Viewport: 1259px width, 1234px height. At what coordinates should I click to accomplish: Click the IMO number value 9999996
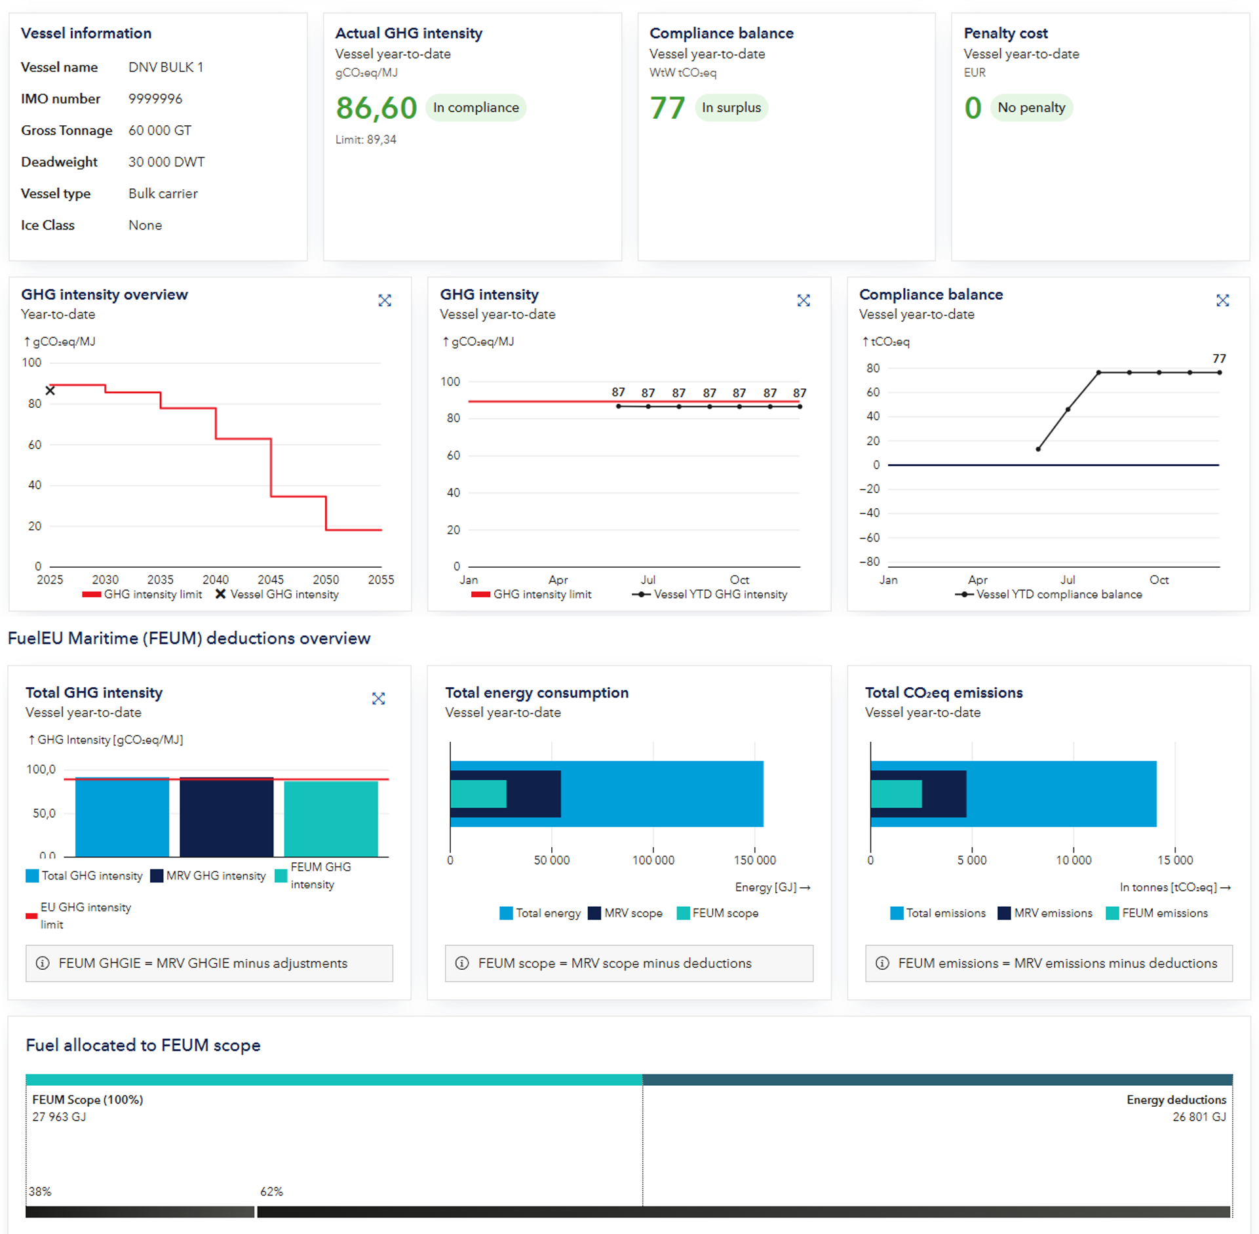(155, 99)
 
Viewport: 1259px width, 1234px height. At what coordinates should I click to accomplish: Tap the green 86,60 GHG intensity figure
(376, 108)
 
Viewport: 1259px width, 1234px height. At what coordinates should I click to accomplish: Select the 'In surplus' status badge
(731, 108)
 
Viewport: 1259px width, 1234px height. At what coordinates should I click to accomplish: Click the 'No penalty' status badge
(1031, 108)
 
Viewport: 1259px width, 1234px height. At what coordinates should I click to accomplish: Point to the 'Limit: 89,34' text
(366, 140)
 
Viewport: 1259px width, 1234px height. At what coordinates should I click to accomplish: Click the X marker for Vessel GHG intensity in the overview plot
(50, 391)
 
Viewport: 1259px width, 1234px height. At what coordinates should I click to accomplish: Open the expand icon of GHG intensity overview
(385, 300)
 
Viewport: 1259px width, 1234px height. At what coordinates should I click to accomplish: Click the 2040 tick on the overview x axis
(216, 580)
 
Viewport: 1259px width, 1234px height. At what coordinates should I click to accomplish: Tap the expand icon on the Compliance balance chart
(1222, 300)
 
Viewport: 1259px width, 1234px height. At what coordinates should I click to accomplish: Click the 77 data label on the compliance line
(1219, 359)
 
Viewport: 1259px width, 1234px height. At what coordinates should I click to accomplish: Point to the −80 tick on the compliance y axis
(870, 562)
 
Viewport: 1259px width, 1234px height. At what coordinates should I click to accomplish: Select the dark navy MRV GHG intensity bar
(226, 817)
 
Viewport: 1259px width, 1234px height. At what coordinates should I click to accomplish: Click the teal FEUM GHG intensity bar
(331, 819)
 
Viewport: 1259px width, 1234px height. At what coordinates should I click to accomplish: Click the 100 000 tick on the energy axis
(653, 860)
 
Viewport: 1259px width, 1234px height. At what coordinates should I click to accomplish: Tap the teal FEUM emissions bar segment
(896, 794)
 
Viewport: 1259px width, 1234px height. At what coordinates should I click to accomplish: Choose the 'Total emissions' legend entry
(938, 913)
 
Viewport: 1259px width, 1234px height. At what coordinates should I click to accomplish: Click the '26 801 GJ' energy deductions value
(1199, 1117)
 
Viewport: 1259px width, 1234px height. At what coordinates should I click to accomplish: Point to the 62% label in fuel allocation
(271, 1191)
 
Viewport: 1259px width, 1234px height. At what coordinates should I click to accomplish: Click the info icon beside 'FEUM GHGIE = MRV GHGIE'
(43, 963)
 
